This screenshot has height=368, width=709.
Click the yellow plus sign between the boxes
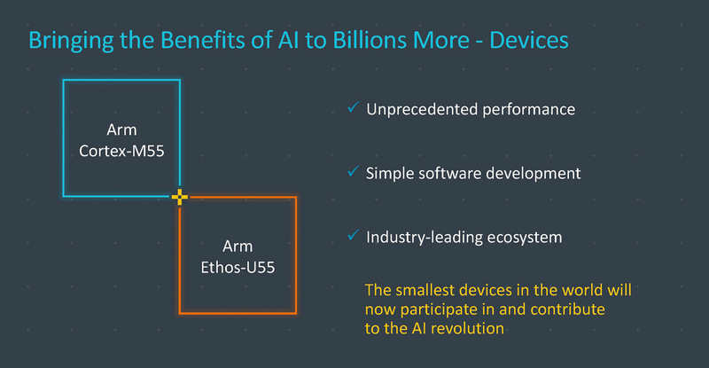[x=180, y=196]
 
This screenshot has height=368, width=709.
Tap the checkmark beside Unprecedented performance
[x=353, y=108]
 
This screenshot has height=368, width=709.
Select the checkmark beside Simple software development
[x=353, y=172]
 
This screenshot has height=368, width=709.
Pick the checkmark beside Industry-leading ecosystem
[x=353, y=236]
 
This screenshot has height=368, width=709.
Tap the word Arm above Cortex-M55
[x=122, y=131]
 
